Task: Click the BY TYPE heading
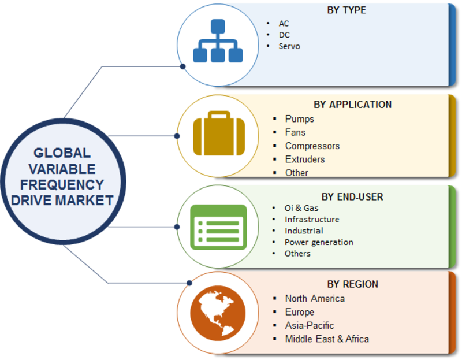(346, 10)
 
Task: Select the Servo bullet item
(289, 46)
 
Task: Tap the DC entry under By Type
(284, 35)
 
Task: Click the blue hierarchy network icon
(218, 40)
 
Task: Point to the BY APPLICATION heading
(352, 105)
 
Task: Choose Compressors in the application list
(312, 146)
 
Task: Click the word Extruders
(305, 159)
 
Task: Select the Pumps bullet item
(299, 119)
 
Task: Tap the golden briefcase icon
(219, 133)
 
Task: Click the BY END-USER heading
(352, 196)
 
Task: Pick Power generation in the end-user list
(319, 242)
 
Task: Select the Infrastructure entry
(312, 220)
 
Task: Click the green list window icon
(219, 227)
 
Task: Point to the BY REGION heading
(352, 284)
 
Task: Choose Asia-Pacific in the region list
(310, 325)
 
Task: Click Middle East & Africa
(327, 339)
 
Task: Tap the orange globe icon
(218, 313)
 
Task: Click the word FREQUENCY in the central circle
(62, 184)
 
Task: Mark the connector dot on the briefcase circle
(177, 136)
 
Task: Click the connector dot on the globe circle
(189, 283)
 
